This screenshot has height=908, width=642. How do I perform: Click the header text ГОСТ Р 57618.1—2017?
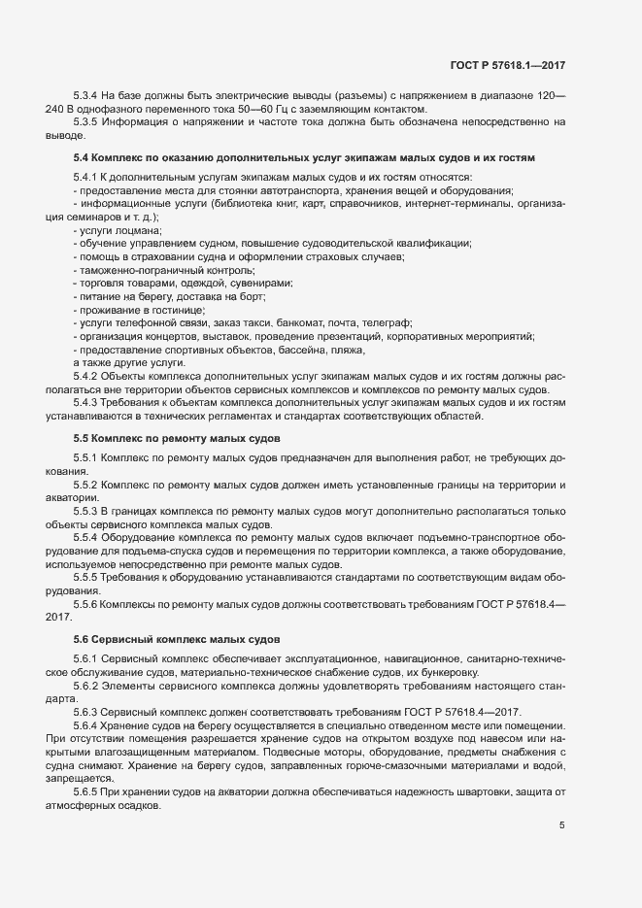click(507, 65)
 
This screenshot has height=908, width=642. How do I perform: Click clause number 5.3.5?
click(87, 122)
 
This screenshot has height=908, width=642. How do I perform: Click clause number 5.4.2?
click(87, 376)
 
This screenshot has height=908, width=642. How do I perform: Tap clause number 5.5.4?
click(87, 537)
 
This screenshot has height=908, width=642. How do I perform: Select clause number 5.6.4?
click(87, 726)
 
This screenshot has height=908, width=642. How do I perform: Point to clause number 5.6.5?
click(87, 792)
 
